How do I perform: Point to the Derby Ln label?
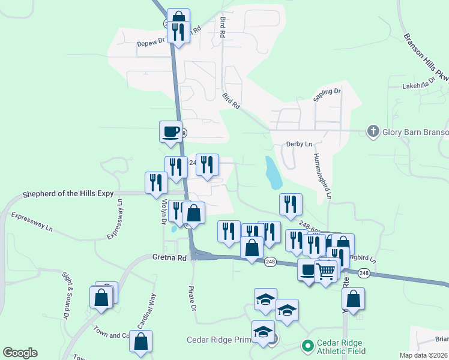(x=300, y=144)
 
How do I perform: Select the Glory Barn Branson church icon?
(x=372, y=132)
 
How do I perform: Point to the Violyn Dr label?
(x=163, y=212)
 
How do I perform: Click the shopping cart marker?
(x=326, y=271)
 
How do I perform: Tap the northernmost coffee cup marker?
(x=171, y=131)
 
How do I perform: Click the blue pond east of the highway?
(x=273, y=173)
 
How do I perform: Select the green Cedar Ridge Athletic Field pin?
(x=307, y=346)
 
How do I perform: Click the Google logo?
(x=20, y=353)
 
